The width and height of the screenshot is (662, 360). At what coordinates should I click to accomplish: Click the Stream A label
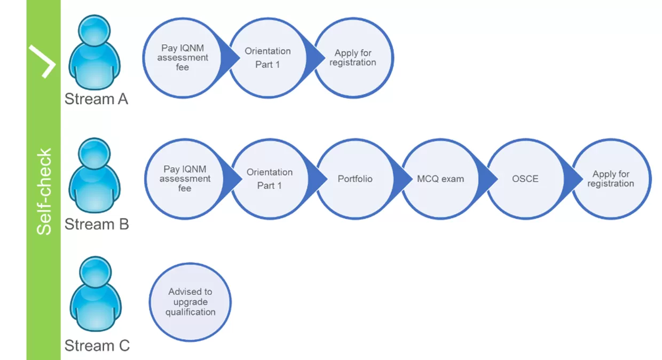(x=97, y=99)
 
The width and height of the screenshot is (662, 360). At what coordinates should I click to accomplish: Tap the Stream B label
(x=97, y=224)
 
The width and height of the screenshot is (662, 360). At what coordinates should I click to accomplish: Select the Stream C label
(x=97, y=346)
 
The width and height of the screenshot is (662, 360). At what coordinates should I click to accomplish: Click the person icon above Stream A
(x=94, y=53)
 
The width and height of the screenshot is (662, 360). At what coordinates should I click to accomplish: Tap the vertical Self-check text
(x=44, y=191)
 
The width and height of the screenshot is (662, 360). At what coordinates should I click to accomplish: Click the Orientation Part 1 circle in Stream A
(x=267, y=58)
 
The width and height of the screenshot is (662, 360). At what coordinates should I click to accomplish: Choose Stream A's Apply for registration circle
(x=353, y=58)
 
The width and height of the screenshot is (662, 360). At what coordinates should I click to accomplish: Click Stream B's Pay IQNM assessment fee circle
(x=185, y=179)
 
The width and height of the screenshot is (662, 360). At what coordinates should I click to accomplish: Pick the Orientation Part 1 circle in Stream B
(x=270, y=179)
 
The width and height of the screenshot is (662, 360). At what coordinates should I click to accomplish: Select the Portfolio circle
(x=355, y=179)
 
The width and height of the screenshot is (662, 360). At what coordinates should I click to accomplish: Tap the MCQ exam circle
(x=440, y=179)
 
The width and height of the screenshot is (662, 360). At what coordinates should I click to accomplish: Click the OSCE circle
(x=525, y=179)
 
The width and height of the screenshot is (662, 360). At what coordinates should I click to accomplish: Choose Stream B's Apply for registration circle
(x=611, y=179)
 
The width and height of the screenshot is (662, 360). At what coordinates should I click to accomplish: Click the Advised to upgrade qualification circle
(x=190, y=302)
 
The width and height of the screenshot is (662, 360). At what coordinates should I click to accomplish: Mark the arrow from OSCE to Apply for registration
(x=570, y=179)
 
